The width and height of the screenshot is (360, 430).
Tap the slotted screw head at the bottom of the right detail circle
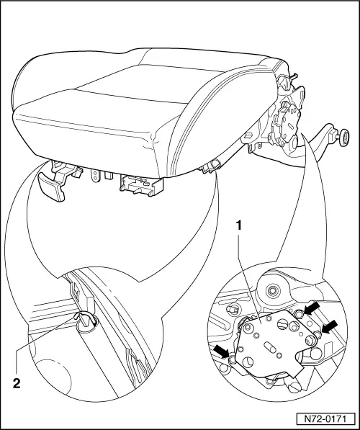point(294,387)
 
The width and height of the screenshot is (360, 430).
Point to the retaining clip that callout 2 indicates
point(85,321)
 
